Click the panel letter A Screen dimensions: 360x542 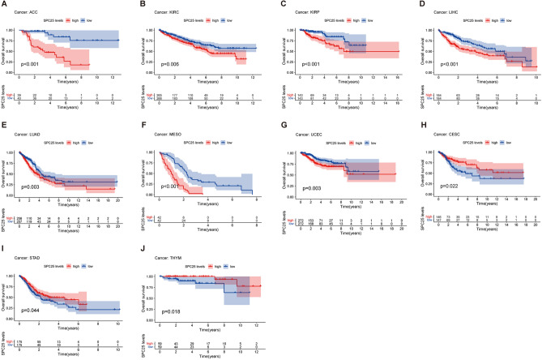(x=4, y=5)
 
